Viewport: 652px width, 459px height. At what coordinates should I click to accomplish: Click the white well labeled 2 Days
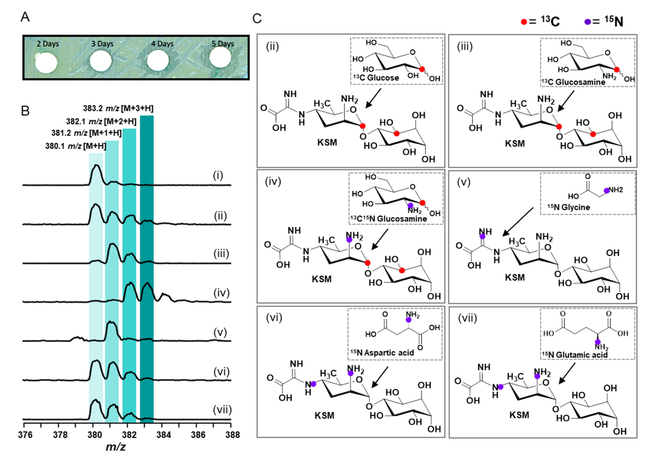(46, 63)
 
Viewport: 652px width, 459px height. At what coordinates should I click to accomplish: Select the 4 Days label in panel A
(162, 44)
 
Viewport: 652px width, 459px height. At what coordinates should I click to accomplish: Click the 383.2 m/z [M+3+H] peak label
(118, 108)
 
